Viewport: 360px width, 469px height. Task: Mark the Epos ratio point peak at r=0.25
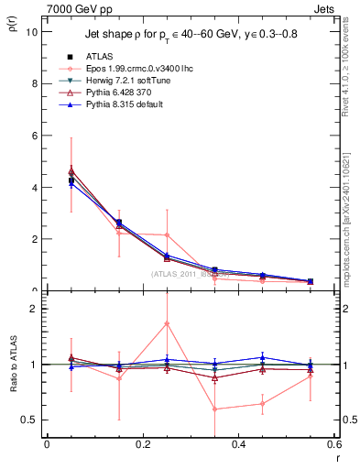click(x=167, y=323)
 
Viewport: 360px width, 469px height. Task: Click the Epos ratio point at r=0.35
click(x=214, y=409)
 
